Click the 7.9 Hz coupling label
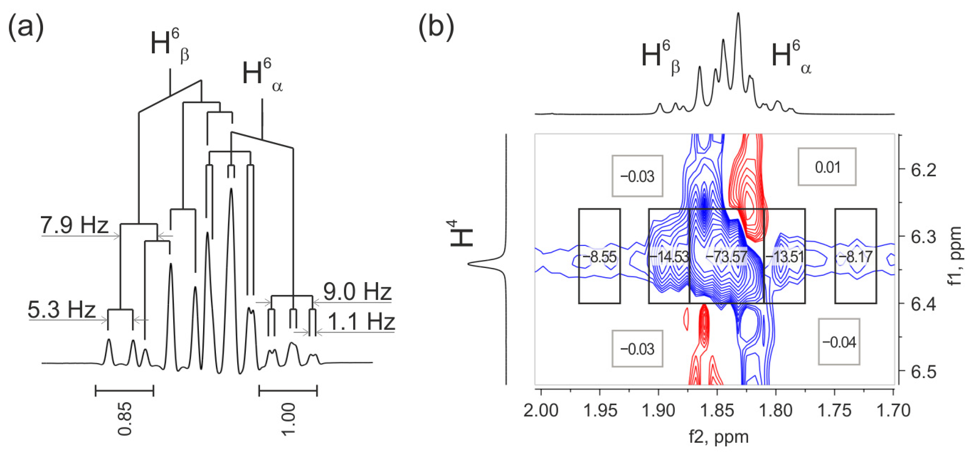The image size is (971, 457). (74, 225)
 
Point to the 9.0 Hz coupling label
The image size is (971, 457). (357, 292)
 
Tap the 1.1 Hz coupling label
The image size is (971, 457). (361, 322)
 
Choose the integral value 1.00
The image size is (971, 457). (288, 419)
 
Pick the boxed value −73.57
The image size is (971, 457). (726, 257)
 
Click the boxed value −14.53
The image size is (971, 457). (669, 257)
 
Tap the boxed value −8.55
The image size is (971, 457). (599, 257)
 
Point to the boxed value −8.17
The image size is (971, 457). (855, 257)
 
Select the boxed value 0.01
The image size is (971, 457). (827, 167)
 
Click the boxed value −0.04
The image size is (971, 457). (839, 342)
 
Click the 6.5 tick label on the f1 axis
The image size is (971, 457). (923, 372)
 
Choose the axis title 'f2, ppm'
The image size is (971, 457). (718, 437)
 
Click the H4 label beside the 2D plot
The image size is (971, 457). (461, 233)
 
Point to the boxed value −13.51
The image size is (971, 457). (784, 257)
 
